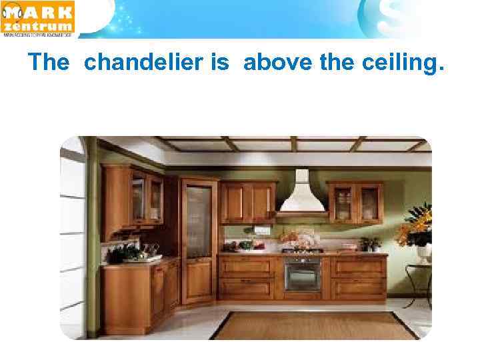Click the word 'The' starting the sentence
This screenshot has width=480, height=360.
click(x=49, y=63)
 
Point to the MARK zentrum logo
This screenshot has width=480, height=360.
click(x=39, y=19)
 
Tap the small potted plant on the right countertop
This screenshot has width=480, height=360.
click(x=369, y=244)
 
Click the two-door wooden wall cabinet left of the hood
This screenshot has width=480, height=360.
click(x=248, y=202)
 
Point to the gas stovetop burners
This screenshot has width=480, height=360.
click(x=302, y=251)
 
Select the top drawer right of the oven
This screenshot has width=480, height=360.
click(x=359, y=267)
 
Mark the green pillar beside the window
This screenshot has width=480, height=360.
click(x=93, y=240)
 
